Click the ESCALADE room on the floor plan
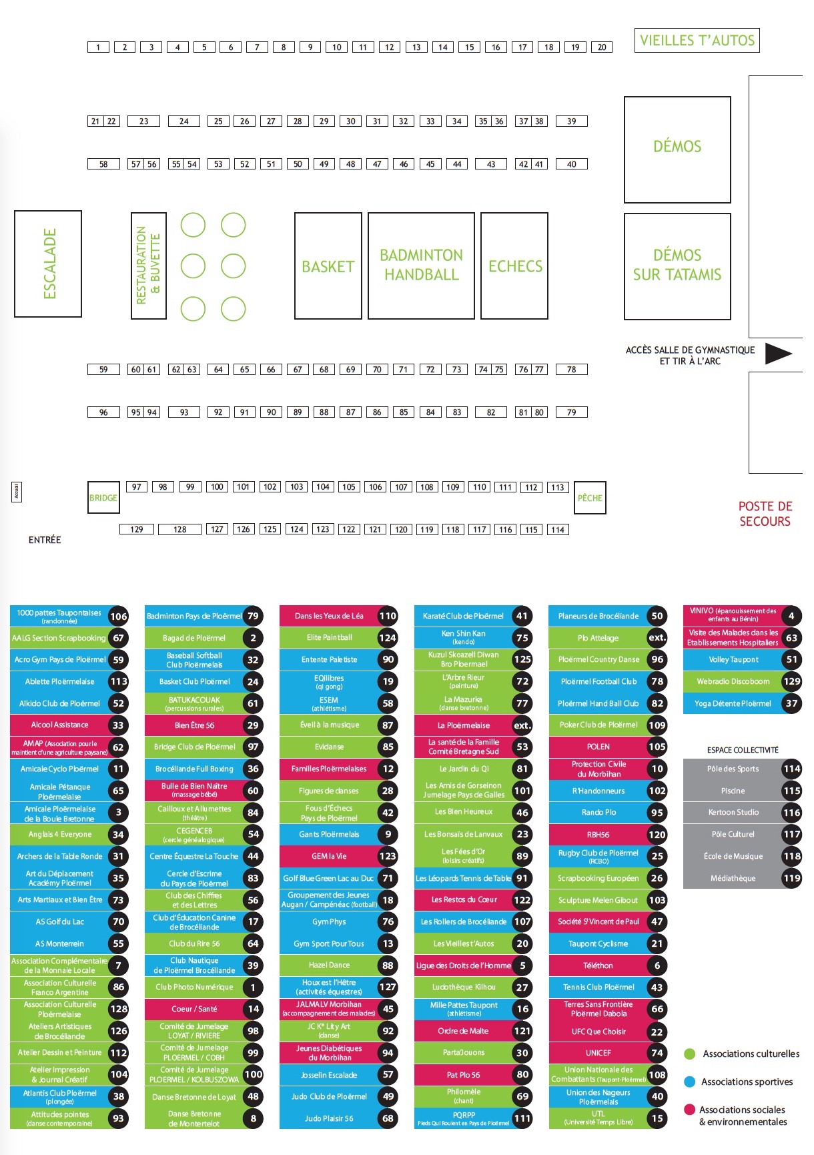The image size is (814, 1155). click(48, 264)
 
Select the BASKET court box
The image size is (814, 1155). click(328, 266)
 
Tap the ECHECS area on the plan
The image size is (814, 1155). click(514, 266)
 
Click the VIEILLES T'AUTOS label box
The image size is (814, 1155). click(697, 40)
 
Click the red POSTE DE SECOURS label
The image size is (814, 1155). click(765, 514)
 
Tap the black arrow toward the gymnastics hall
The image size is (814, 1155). click(777, 354)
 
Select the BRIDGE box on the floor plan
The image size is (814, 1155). click(103, 498)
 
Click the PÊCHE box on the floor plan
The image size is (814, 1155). click(590, 498)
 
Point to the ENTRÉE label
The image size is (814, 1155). click(45, 540)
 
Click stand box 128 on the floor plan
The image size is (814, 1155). click(179, 529)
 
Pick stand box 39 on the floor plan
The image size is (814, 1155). click(571, 121)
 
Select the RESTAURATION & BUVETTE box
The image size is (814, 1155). click(148, 266)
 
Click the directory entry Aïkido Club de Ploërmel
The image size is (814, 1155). click(59, 703)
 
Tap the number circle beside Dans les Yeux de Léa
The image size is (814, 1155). click(388, 616)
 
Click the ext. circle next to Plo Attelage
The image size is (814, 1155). click(657, 638)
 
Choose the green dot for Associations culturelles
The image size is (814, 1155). click(690, 1054)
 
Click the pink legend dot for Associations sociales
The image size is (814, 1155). click(690, 1110)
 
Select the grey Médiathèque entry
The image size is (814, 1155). click(733, 878)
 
